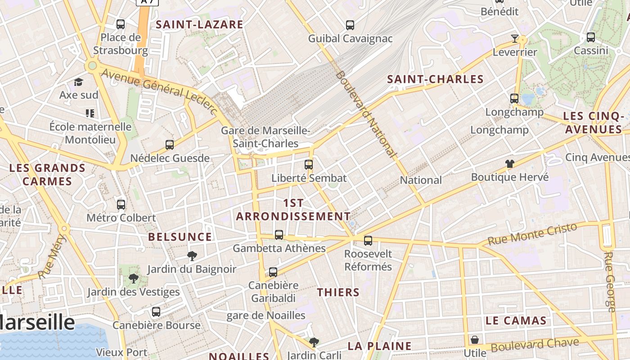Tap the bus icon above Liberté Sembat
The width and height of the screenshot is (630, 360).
[x=308, y=164]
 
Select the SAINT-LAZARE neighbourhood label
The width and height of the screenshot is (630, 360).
[x=199, y=25]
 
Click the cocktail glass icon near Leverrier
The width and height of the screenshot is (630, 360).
[x=515, y=38]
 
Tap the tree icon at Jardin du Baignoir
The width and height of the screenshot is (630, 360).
[x=192, y=256]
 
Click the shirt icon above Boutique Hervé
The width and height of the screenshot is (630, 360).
[x=509, y=163]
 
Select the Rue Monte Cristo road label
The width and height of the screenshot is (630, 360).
[x=532, y=234]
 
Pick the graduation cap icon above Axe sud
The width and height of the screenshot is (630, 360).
[x=79, y=82]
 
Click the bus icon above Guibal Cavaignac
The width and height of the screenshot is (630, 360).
[x=350, y=25]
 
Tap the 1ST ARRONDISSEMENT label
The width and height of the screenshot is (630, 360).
[x=293, y=210]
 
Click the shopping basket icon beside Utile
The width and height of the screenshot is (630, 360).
[x=475, y=340]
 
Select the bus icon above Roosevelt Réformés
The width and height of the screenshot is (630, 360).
[x=368, y=241]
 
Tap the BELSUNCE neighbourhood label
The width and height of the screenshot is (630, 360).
[x=180, y=237]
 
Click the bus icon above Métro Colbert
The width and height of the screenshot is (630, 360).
[x=121, y=205]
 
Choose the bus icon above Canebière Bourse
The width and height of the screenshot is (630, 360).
[x=156, y=311]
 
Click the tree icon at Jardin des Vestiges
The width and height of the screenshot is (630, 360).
[x=133, y=279]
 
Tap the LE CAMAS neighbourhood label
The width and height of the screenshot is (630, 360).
[x=516, y=321]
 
